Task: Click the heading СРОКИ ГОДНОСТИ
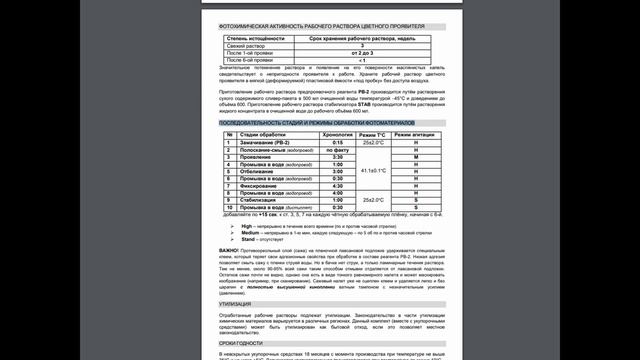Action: click(226, 342)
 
